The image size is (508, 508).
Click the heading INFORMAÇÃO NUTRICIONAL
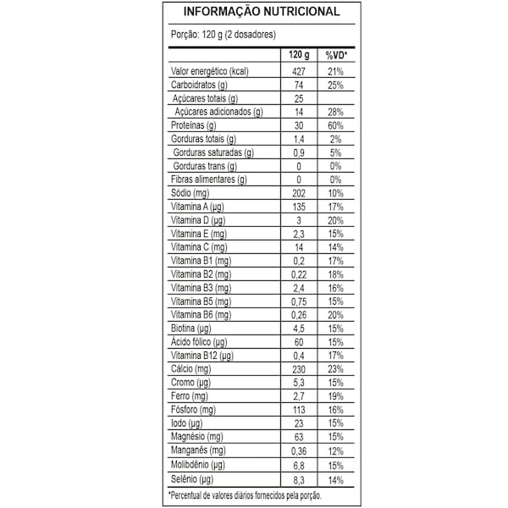[x=254, y=12]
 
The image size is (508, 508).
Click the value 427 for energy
[x=297, y=71]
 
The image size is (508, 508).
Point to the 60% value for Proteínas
[x=335, y=125]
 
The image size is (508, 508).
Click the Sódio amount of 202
[x=297, y=194]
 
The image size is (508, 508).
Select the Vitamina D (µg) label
[x=196, y=220]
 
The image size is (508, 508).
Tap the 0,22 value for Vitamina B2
[x=297, y=275]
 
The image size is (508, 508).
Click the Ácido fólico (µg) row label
[x=198, y=342]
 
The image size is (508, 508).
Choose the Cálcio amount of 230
[x=297, y=369]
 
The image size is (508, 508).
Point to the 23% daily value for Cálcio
[x=335, y=369]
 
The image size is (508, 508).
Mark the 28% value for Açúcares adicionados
[x=335, y=112]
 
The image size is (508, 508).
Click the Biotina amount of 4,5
[x=297, y=329]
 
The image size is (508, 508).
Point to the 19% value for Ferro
[x=335, y=396]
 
